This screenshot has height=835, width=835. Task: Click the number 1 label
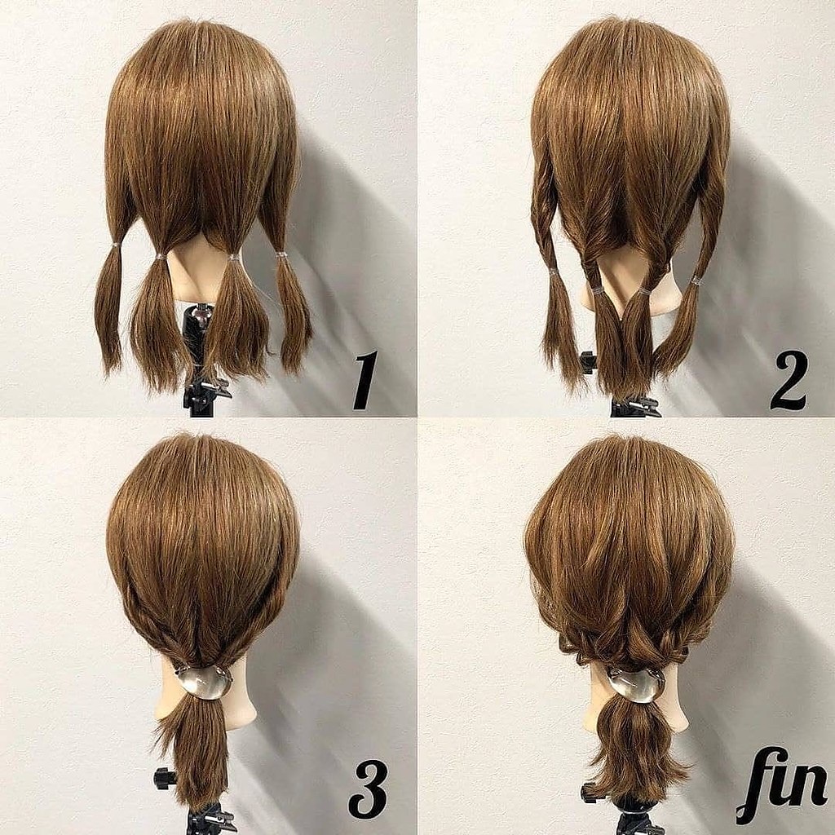click(364, 380)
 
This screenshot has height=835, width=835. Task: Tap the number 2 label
click(789, 380)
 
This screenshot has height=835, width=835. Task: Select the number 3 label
click(368, 789)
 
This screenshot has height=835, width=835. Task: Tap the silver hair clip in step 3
click(205, 683)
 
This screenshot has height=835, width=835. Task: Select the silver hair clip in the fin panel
click(636, 685)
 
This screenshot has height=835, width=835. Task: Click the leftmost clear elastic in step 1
click(116, 246)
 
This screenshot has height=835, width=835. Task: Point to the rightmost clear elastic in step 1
click(281, 257)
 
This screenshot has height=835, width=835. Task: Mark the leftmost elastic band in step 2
click(554, 272)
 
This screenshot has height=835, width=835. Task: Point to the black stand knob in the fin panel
click(590, 793)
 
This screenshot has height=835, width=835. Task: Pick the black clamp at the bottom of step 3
click(211, 818)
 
